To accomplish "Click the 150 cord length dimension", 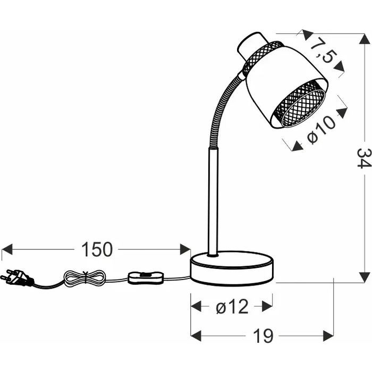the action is (x=97, y=249).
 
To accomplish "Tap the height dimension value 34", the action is (x=364, y=158).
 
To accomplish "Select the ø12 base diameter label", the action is (x=232, y=307).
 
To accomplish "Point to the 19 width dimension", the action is (x=263, y=336).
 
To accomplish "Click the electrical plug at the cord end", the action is (x=16, y=277).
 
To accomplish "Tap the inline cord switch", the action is (x=146, y=277).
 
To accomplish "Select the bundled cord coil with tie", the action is (x=84, y=278).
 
